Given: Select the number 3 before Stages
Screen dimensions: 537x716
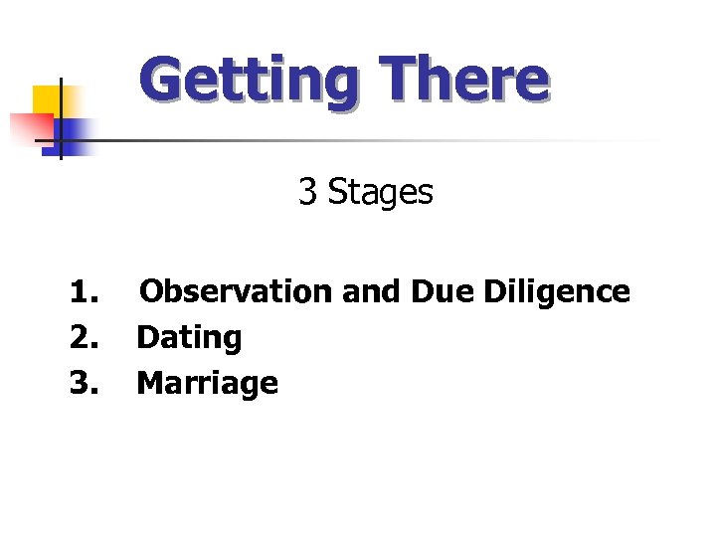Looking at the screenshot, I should pyautogui.click(x=307, y=192).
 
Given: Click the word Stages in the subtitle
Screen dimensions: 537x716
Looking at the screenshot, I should pyautogui.click(x=381, y=193).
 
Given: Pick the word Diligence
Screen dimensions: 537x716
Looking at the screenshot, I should pyautogui.click(x=557, y=292).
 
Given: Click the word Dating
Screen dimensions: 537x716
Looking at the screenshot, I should pyautogui.click(x=189, y=338).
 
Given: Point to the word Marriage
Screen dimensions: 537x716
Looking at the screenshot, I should pyautogui.click(x=207, y=383).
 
